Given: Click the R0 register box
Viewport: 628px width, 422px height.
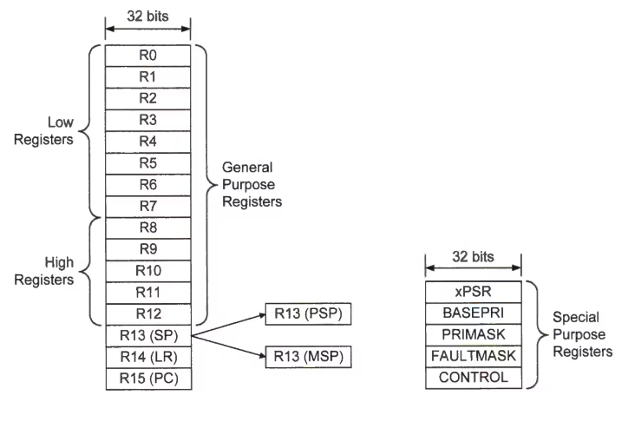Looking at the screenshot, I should [x=147, y=54].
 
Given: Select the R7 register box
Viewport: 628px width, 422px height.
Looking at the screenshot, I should [x=147, y=206].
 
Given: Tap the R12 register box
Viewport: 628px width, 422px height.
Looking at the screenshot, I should [x=147, y=313].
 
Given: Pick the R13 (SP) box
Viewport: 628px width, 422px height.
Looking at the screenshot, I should [x=147, y=335].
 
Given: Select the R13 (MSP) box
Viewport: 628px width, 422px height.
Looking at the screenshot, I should [x=306, y=357].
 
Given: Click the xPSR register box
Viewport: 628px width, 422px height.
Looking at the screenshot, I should [x=474, y=289].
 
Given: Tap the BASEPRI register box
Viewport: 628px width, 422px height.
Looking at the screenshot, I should [x=474, y=312].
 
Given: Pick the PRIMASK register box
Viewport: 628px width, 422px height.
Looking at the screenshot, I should [x=474, y=333].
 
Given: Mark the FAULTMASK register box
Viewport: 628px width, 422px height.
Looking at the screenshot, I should [x=474, y=356].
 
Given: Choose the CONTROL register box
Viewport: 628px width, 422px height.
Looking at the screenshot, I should [x=474, y=379].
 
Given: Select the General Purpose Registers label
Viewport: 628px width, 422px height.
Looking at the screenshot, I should [x=249, y=183].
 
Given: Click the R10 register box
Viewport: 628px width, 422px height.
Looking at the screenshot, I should [x=147, y=270].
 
